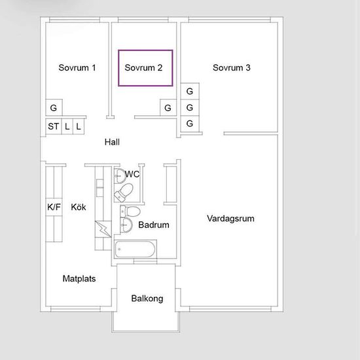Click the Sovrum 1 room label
tap(77, 67)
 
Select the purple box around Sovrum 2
tap(118, 68)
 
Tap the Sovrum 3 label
tap(232, 67)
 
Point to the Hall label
tap(112, 142)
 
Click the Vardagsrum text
tap(230, 219)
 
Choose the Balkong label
tap(147, 298)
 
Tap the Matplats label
tap(79, 279)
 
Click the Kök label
tap(79, 207)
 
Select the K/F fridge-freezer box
tap(54, 207)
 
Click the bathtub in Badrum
tap(135, 249)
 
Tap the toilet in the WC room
tap(124, 192)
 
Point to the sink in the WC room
tap(120, 176)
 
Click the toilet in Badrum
tap(130, 211)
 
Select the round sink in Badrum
tap(126, 225)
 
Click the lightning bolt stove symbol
tap(103, 229)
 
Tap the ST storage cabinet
tap(54, 126)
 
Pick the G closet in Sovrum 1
tap(54, 107)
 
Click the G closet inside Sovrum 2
tap(168, 107)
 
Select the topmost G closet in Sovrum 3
tap(190, 91)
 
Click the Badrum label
tap(154, 225)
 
